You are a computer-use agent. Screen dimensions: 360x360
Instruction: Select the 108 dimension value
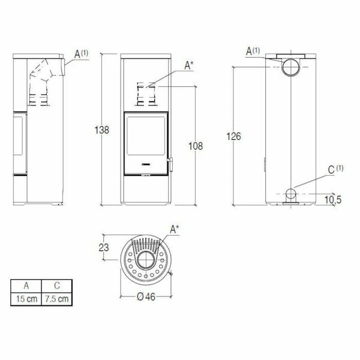tap(196, 146)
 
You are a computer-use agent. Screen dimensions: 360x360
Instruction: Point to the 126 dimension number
tap(234, 137)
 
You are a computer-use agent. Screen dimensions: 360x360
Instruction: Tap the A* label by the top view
tap(175, 229)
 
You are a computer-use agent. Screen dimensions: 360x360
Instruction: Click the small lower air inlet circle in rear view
tap(290, 195)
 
